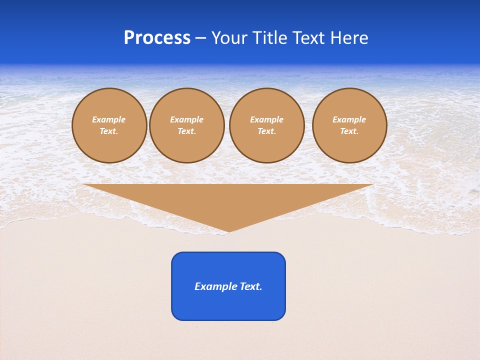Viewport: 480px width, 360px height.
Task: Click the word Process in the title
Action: coord(157,38)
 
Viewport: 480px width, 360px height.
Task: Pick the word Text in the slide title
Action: coord(310,38)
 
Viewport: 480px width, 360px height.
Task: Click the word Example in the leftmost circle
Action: coord(109,119)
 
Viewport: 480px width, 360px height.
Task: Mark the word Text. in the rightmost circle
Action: coord(349,131)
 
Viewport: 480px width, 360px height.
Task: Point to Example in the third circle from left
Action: coord(267,119)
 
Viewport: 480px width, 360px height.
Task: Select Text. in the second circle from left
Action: coord(187,131)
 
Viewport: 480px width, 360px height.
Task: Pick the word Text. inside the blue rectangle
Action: coord(251,286)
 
